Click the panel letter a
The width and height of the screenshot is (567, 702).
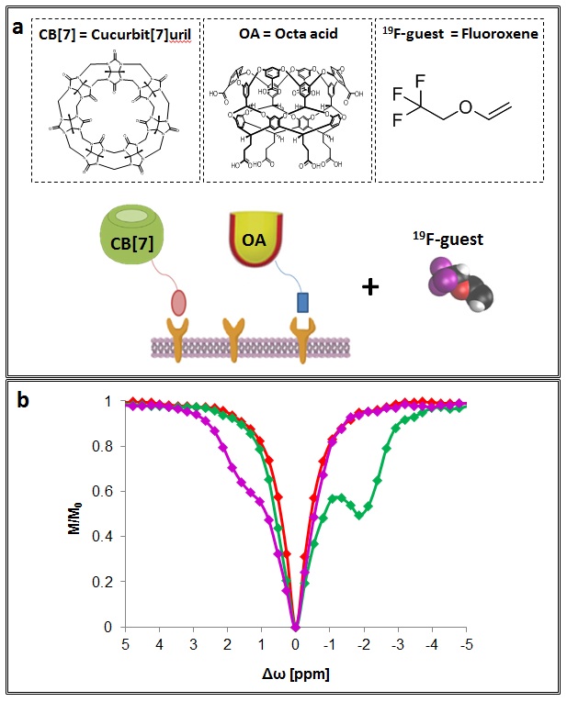(x=17, y=27)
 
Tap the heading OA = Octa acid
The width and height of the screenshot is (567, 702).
(x=284, y=36)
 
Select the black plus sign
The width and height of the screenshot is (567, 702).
(x=372, y=287)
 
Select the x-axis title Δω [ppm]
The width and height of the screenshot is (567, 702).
(x=297, y=674)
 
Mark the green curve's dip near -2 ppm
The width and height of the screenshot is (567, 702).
(x=360, y=515)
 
